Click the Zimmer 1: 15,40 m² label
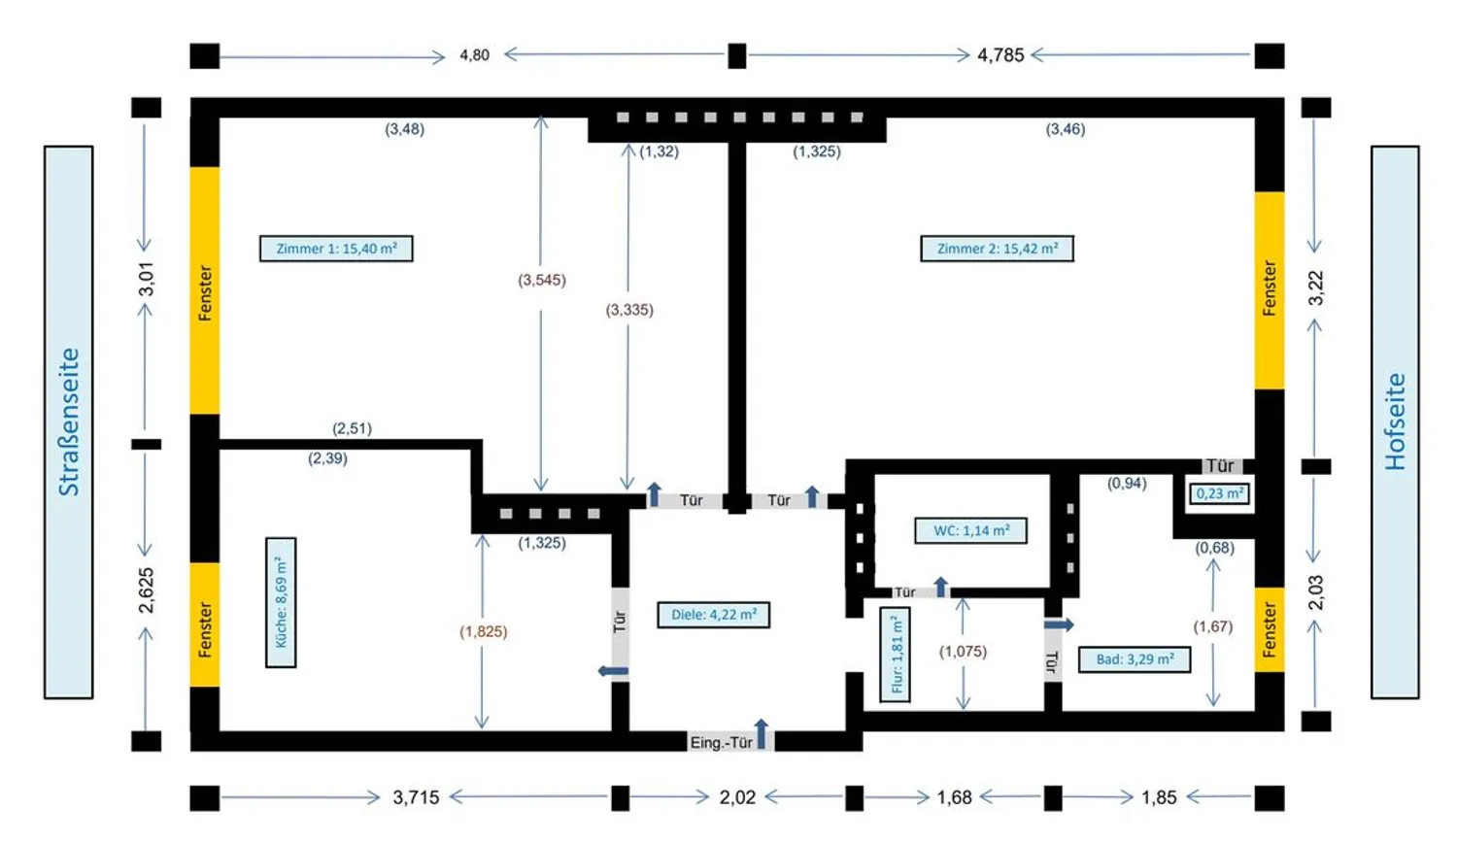(336, 249)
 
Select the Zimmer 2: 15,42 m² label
(997, 249)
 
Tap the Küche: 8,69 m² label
(281, 602)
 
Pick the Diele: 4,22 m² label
(714, 615)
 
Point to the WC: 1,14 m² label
(970, 530)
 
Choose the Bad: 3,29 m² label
(1135, 658)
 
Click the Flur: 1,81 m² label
(895, 655)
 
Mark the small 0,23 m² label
(1219, 493)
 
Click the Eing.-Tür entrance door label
(721, 742)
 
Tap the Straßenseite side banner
(68, 422)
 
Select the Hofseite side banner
(1395, 422)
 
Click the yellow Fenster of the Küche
(204, 625)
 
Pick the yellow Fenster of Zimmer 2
(1269, 290)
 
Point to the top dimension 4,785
(1000, 55)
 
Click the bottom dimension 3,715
(416, 797)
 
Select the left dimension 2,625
(147, 590)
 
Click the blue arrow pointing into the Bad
(1059, 625)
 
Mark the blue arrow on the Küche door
(613, 671)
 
